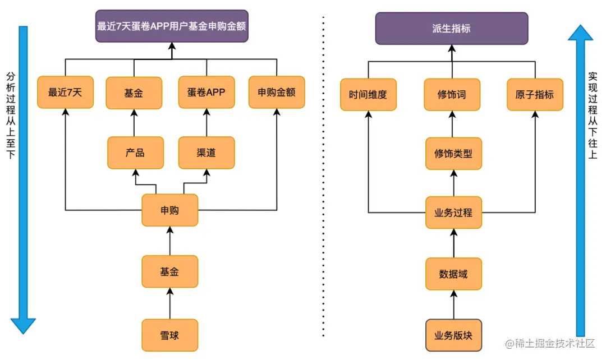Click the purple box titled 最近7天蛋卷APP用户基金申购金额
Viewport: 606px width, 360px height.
172,26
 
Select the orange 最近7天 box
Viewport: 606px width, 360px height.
65,93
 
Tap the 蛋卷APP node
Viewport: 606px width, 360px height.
206,93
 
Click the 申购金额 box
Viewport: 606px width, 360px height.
277,93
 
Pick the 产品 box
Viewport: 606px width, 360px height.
135,153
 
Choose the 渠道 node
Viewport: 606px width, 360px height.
206,153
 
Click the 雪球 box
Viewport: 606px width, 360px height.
169,335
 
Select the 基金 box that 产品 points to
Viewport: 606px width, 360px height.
134,93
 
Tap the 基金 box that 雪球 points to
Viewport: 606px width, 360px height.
169,271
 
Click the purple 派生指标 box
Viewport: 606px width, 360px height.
452,29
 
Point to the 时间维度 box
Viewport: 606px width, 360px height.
368,95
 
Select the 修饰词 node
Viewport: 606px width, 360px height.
452,95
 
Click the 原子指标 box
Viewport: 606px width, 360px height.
534,95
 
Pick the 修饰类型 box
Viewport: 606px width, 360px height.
453,153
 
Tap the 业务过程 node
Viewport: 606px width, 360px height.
453,213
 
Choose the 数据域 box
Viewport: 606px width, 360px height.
453,274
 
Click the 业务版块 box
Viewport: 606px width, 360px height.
453,335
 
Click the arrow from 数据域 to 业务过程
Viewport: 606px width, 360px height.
453,243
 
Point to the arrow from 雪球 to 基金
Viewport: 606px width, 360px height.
169,303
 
